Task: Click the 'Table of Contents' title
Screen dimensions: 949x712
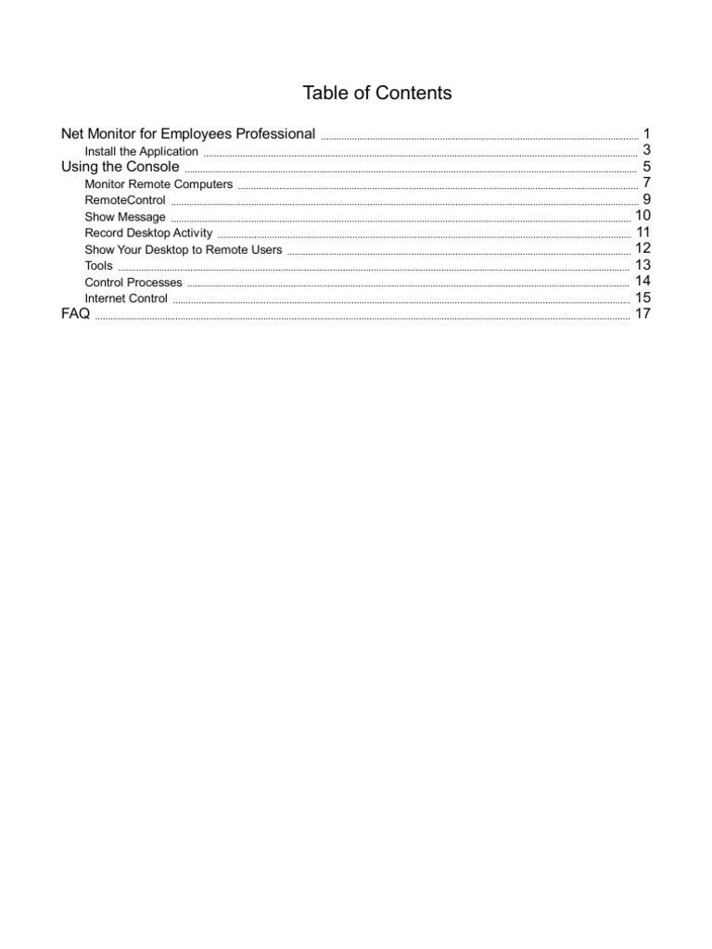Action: (377, 93)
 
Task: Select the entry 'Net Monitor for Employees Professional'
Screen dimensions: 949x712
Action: (188, 133)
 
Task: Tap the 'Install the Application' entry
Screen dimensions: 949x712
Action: (141, 151)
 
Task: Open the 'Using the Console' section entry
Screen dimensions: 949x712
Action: (120, 167)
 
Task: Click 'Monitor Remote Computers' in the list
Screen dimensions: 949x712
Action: (159, 184)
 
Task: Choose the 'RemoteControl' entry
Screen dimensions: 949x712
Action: (125, 200)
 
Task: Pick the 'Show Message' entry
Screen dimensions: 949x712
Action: (125, 217)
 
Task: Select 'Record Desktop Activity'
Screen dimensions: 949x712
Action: (148, 233)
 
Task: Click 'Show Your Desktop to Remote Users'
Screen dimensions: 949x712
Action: (184, 249)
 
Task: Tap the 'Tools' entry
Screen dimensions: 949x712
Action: (98, 266)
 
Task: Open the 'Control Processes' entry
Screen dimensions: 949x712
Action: (133, 282)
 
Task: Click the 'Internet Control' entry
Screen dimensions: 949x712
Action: (126, 298)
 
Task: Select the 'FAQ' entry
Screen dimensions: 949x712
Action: (75, 314)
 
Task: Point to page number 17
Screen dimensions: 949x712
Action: (643, 314)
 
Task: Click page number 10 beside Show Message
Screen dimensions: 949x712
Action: (643, 216)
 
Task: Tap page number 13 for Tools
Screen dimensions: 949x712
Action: (643, 265)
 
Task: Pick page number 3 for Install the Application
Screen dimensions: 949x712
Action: (647, 150)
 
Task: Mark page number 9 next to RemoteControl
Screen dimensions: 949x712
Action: (647, 199)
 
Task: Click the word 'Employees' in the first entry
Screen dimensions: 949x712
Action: (196, 133)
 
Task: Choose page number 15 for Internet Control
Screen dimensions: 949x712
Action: (643, 297)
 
